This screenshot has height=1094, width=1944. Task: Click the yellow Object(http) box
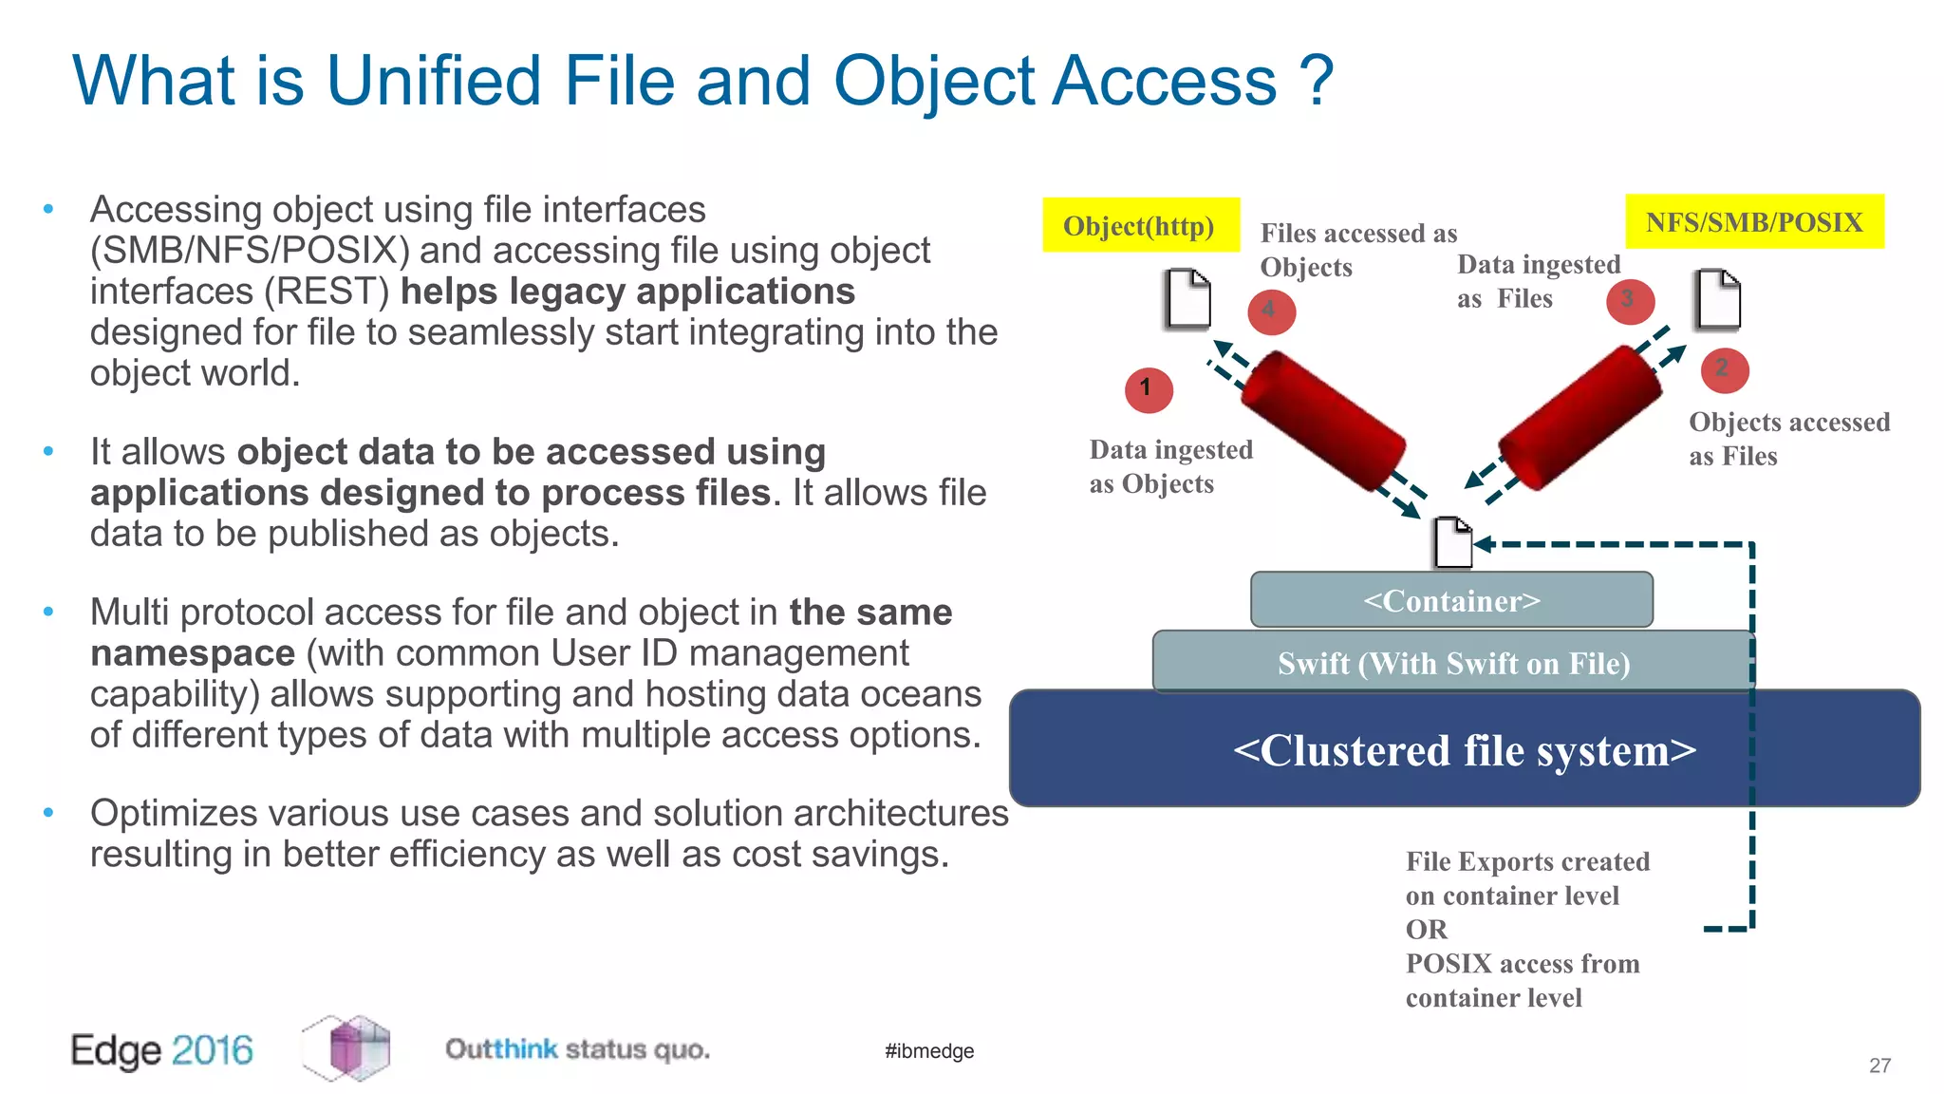click(1140, 225)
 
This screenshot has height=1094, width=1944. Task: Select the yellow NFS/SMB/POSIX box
click(1753, 221)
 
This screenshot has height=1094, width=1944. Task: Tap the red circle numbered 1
click(1149, 389)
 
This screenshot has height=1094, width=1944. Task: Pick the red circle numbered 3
click(1630, 301)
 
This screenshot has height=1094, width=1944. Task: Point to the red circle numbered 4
click(1271, 311)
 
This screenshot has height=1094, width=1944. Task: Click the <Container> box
click(1451, 600)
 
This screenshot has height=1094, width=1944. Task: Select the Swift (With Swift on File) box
click(1452, 662)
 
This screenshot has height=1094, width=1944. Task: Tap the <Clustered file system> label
click(1464, 750)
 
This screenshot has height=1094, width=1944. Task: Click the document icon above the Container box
click(1452, 542)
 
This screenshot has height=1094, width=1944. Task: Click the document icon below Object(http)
click(1187, 299)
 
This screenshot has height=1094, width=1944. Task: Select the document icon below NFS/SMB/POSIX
click(1717, 300)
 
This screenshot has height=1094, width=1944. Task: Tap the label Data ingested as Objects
click(1170, 466)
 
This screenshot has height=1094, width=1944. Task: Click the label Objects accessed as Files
click(1788, 439)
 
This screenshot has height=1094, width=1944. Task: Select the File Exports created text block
click(1526, 929)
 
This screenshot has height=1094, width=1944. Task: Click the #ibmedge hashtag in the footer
click(929, 1050)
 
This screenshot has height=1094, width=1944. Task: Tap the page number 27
click(1879, 1066)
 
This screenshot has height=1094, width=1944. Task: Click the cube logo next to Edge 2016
click(346, 1047)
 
